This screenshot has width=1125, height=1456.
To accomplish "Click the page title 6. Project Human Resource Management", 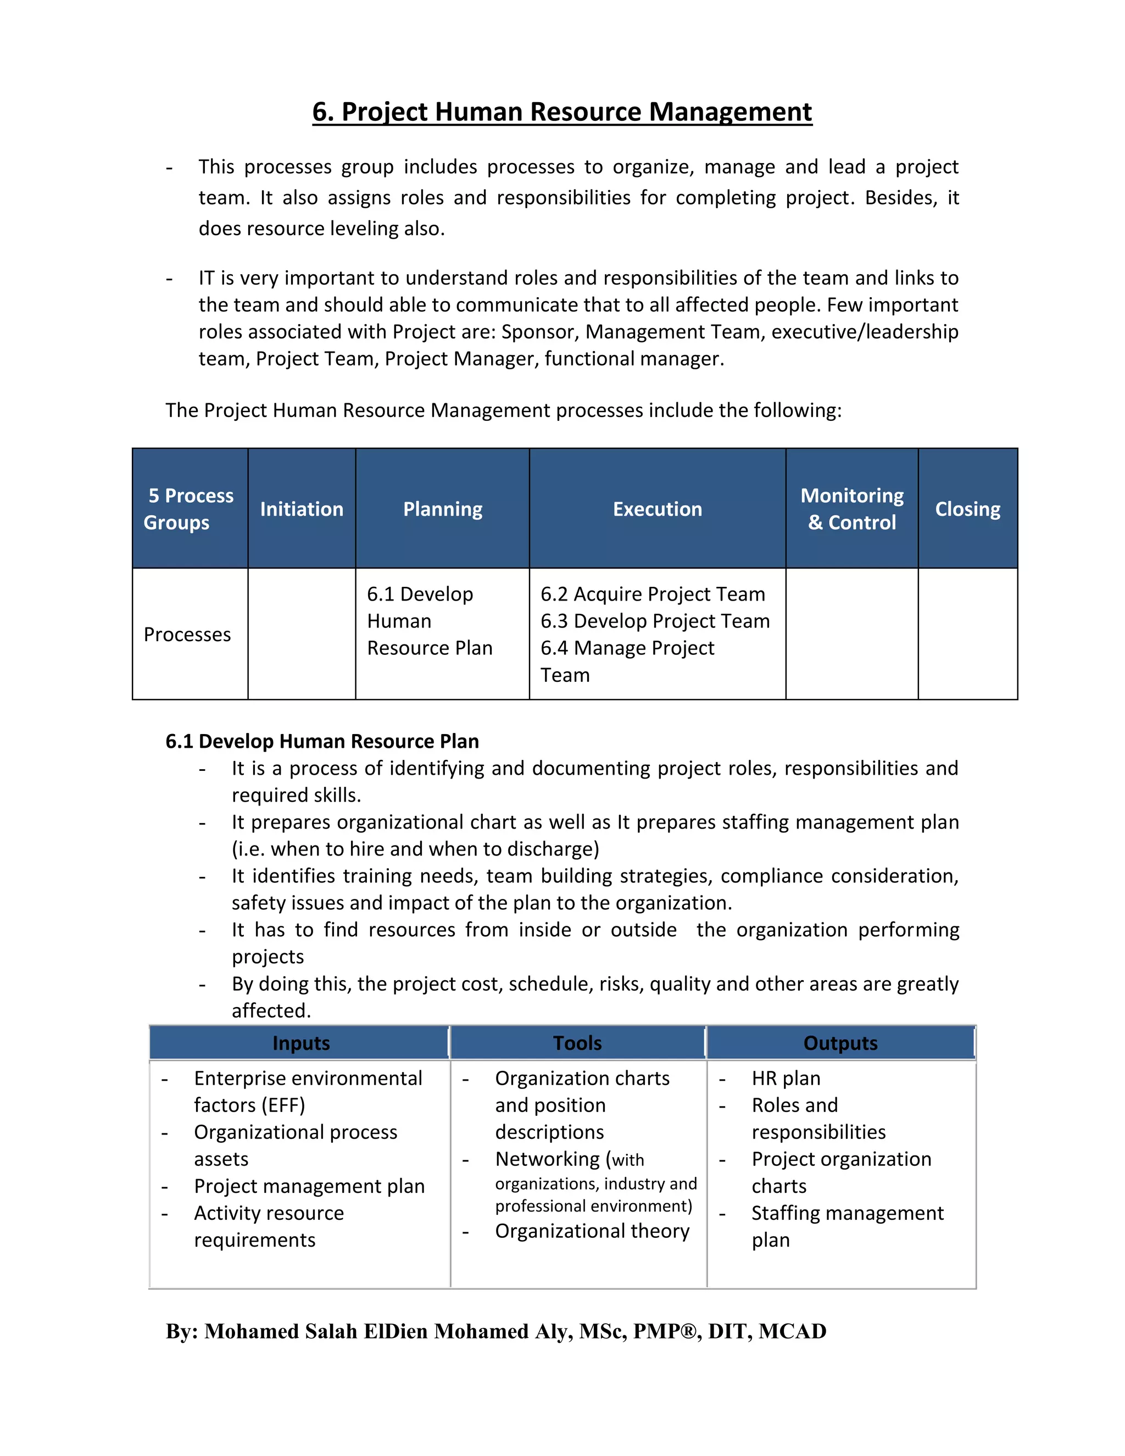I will (x=562, y=112).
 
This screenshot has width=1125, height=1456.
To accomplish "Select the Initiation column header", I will (x=301, y=509).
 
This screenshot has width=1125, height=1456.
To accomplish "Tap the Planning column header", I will (x=443, y=509).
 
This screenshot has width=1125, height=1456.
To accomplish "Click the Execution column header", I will (x=657, y=509).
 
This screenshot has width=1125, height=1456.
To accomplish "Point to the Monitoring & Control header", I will (x=852, y=509).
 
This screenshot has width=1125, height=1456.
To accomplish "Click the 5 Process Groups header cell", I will (x=190, y=509).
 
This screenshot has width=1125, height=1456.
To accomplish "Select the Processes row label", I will (x=187, y=635).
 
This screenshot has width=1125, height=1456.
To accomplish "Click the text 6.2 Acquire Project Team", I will (x=653, y=594).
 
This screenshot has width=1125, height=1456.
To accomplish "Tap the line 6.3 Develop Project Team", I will (x=654, y=621).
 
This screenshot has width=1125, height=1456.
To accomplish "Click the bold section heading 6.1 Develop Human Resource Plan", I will (x=322, y=741).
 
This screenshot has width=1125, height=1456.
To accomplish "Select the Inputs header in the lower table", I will (x=300, y=1043).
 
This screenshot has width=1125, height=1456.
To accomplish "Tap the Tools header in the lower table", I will (x=577, y=1043).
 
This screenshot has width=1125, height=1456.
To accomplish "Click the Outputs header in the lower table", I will (x=840, y=1043).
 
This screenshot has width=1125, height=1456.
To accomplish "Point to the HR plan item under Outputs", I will (x=786, y=1079).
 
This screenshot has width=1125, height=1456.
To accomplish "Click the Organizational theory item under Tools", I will (x=592, y=1231).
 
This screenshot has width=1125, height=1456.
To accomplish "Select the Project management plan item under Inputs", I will (x=309, y=1187).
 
